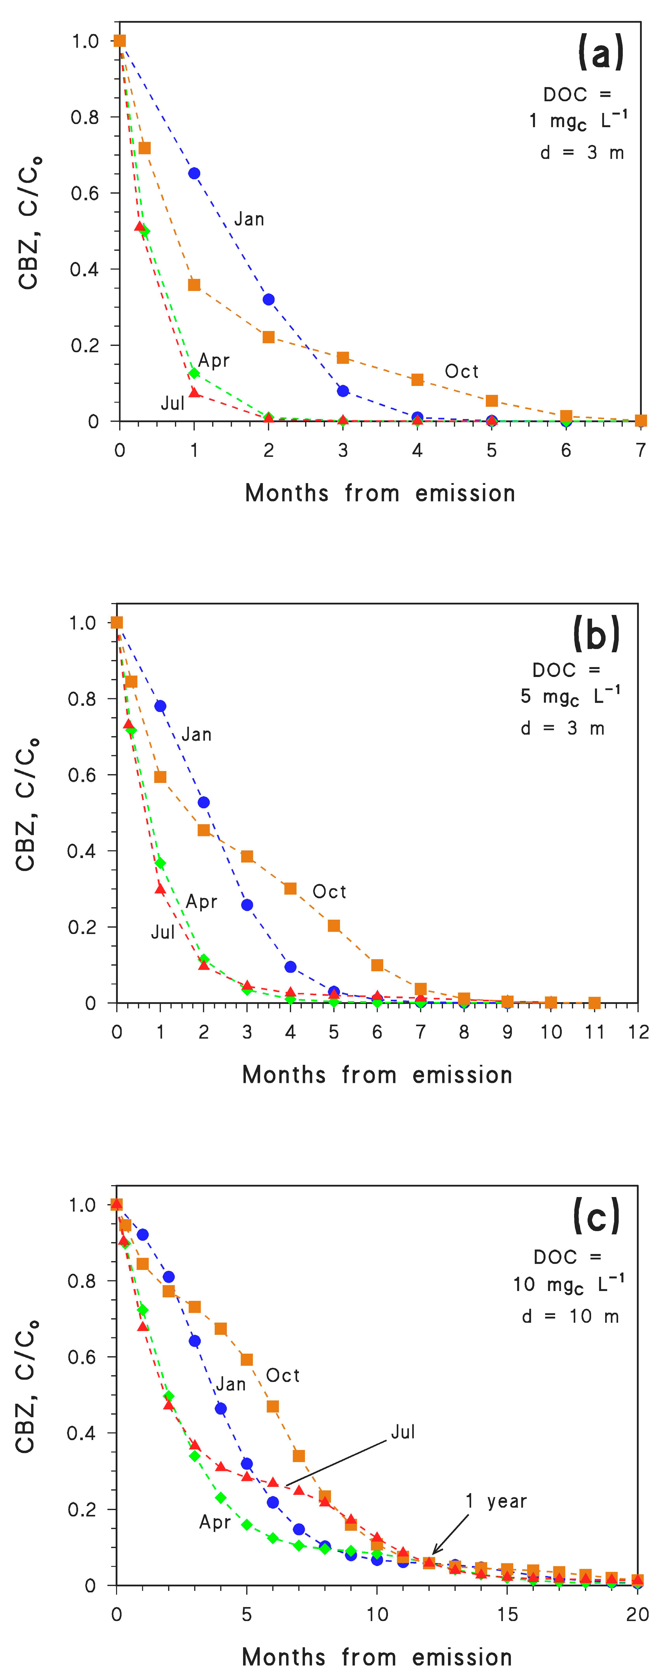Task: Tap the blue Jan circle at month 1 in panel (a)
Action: coord(194,173)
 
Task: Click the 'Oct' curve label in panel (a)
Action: coord(461,372)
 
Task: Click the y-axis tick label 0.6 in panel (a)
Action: coord(85,193)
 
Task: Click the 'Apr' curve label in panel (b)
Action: coord(201,902)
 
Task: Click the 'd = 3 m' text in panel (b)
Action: coord(562,728)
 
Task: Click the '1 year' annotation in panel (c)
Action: coord(496,1501)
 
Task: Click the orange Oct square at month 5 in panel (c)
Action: coord(247,1359)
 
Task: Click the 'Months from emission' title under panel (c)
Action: coord(377,1657)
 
